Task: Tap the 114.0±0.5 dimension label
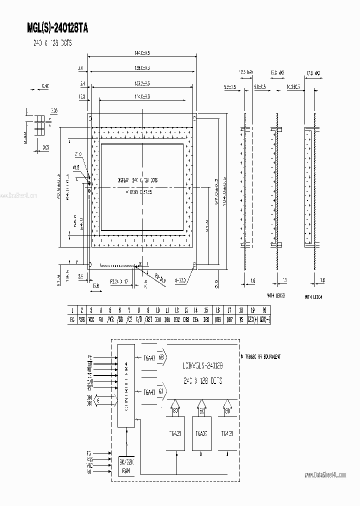pos(142,96)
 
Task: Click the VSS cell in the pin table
pos(81,319)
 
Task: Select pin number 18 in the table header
pos(241,310)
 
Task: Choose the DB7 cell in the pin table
pos(229,319)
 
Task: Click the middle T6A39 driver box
pos(201,434)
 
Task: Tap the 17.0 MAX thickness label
pos(313,73)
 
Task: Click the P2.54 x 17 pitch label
pos(118,282)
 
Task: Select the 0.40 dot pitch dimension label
pos(45,86)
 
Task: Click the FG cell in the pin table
pos(72,319)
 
